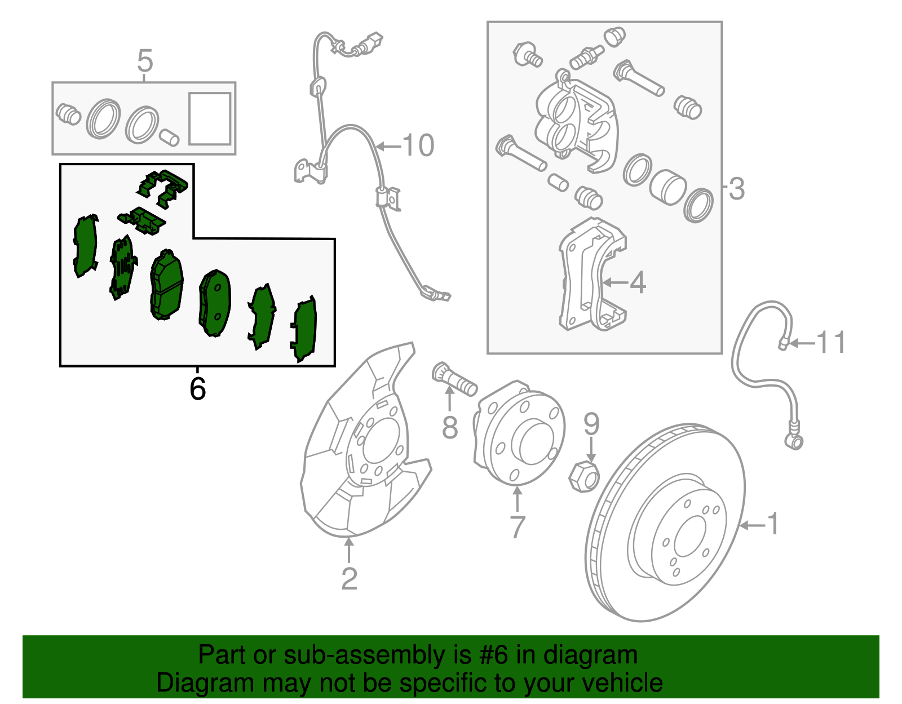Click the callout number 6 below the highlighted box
pos(197,389)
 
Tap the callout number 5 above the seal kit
pos(145,61)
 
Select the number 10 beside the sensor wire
pos(418,145)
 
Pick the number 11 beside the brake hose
pos(831,343)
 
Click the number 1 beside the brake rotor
pos(773,524)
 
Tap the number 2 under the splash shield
pos(349,579)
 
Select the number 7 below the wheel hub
pos(517,527)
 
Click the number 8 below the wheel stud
pos(449,427)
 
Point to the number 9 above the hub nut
pos(591,424)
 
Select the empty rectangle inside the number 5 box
pos(210,119)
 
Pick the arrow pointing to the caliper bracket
pos(615,281)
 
